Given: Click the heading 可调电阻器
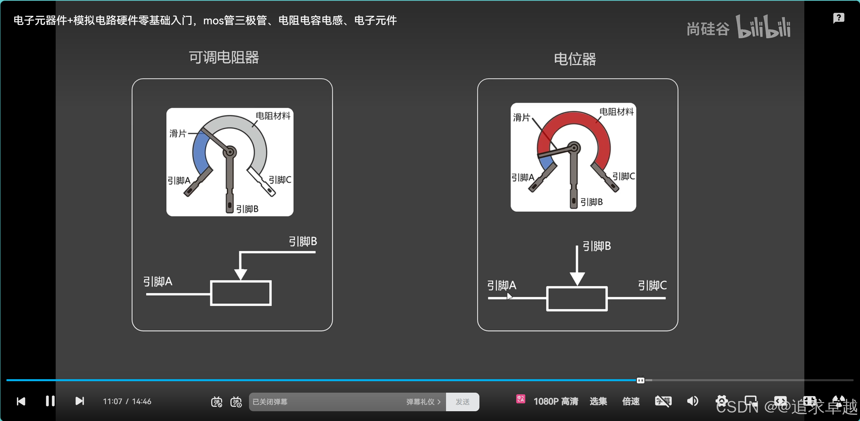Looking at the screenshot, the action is coord(224,57).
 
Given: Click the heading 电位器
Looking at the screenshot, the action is coord(575,59).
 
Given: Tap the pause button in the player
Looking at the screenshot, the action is coord(50,401).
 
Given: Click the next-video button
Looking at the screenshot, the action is coord(80,401).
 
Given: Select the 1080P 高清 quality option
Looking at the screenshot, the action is coord(556,401).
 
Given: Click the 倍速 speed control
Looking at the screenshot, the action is coord(631,401).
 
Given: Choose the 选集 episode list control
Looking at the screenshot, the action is coord(598,401).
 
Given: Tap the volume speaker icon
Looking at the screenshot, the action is coord(692,401).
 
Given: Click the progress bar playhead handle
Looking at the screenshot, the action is coord(640,381).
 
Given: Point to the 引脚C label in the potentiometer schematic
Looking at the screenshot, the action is coord(652,286).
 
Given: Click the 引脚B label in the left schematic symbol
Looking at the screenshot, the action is coord(303,242).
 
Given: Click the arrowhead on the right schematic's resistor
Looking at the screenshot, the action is coord(577,279).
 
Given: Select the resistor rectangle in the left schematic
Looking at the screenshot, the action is coord(241,293).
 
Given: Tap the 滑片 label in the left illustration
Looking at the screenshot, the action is coord(178,134).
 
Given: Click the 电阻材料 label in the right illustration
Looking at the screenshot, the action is coord(616,112).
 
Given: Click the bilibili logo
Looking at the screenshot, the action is coord(763,27).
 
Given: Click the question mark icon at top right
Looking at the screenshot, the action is coord(838,18).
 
